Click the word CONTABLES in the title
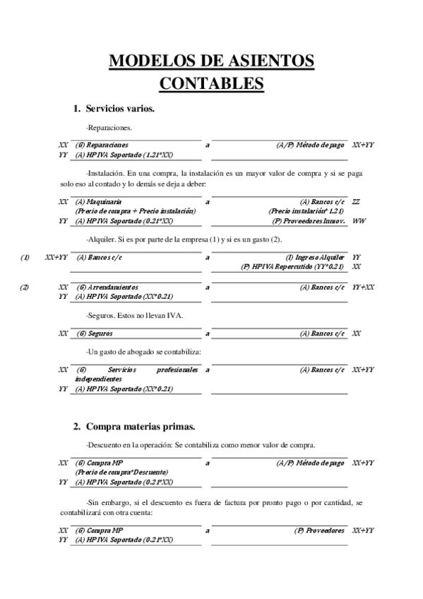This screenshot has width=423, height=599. tap(212, 85)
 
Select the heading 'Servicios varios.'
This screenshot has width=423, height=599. tap(120, 109)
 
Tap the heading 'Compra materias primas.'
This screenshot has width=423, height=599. tap(140, 427)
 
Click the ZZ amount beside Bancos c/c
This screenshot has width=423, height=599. tap(356, 202)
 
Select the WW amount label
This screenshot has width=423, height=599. tap(359, 221)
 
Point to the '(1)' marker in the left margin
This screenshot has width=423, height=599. tap(25, 258)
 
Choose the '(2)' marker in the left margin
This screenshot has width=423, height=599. tap(25, 287)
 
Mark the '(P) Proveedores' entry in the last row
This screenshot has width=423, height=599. tap(320, 530)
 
